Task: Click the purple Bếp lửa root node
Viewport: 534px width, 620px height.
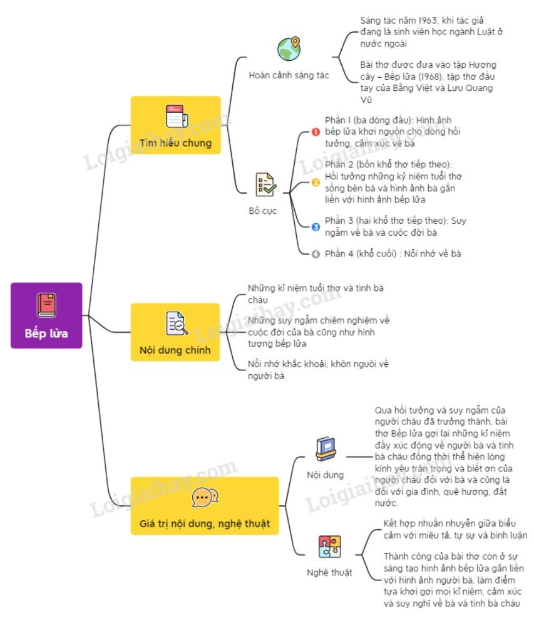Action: coord(46,315)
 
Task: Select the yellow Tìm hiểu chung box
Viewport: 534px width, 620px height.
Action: coord(176,125)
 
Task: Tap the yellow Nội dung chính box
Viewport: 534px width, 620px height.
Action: coord(176,332)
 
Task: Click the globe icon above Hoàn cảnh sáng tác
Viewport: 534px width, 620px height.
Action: coord(289,49)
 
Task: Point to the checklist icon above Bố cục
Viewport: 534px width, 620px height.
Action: coord(265,185)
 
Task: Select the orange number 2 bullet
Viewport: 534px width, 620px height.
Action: coord(316,182)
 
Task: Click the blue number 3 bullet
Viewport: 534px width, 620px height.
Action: coord(316,226)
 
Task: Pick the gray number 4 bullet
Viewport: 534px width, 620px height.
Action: coord(316,254)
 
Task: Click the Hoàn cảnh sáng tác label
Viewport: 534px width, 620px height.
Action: coord(289,76)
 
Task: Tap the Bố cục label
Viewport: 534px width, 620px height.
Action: coord(263,211)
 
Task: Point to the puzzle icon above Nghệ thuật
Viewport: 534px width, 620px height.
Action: coord(329,547)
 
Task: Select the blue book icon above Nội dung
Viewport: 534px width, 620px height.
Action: coord(325,449)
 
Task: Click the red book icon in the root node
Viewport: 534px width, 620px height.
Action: coord(46,305)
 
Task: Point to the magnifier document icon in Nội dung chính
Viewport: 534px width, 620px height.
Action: coord(176,323)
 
